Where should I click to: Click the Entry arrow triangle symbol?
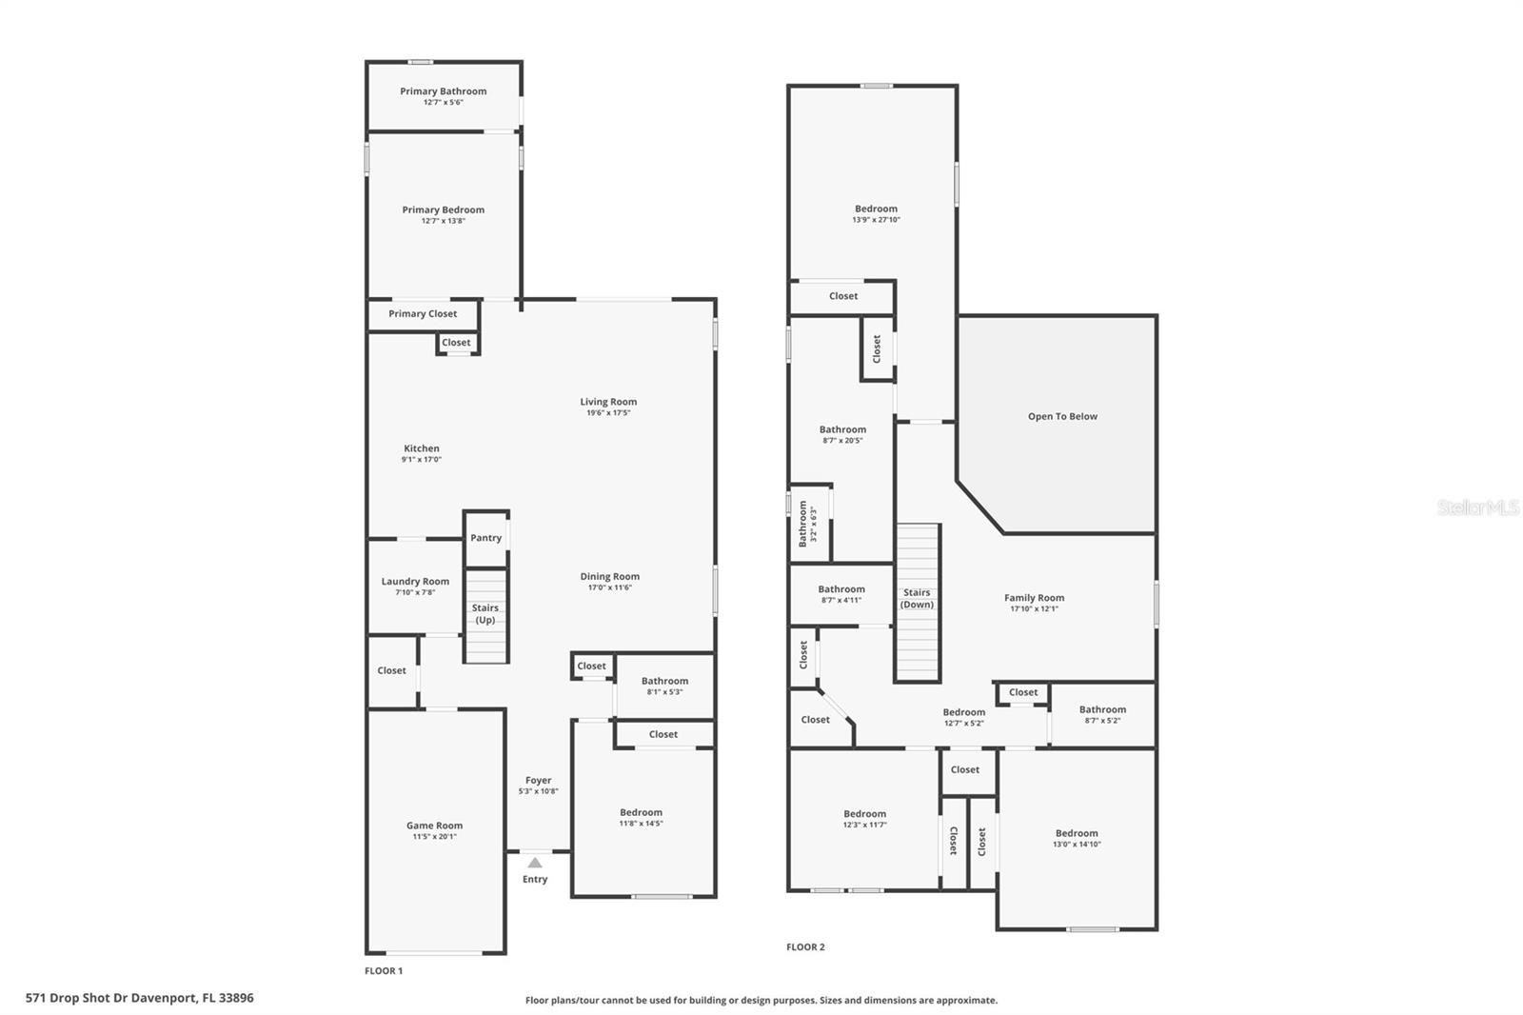pos(535,862)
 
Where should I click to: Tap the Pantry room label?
pos(485,538)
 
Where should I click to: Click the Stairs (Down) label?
pos(917,598)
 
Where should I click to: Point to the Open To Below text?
pos(1062,416)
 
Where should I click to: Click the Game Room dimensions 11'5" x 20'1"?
pos(434,837)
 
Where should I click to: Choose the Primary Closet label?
pos(423,313)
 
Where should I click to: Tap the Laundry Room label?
pos(415,581)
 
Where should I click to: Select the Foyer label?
pos(538,780)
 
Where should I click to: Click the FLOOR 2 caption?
pos(805,946)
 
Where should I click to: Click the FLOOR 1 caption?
pos(384,970)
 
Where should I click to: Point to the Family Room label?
pos(1034,598)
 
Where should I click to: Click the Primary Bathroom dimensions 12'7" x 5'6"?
pos(443,102)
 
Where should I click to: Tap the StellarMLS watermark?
pos(1477,507)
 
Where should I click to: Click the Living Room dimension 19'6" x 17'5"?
pos(608,413)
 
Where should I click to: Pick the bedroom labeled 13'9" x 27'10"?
pos(876,213)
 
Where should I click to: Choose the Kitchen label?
pos(421,448)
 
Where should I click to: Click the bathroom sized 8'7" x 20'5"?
pos(842,434)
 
